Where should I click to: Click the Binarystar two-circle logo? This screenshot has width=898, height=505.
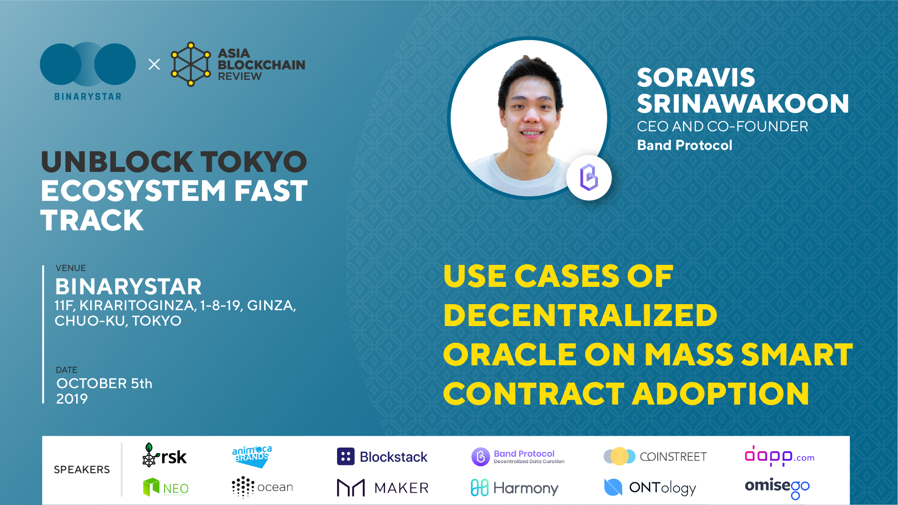click(88, 64)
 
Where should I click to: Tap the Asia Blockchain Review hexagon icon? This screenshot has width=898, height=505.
click(191, 64)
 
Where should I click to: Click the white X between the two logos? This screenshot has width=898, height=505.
click(154, 64)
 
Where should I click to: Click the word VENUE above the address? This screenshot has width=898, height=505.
click(71, 268)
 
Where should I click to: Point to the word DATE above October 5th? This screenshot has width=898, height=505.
click(66, 370)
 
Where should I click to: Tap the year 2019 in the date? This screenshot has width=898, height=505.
click(72, 399)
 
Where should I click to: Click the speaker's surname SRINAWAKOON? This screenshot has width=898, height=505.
click(743, 104)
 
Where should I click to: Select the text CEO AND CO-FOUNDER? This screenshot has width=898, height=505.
click(723, 127)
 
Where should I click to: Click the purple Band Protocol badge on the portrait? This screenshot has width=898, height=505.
click(589, 178)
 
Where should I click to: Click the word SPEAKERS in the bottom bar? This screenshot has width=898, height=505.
click(82, 469)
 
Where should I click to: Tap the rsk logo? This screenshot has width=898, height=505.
click(164, 455)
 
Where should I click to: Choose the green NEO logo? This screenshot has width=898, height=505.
click(166, 487)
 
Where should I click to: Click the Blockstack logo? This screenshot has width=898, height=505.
click(382, 456)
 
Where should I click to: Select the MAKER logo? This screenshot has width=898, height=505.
click(382, 488)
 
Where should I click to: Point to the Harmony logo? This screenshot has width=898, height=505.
click(515, 488)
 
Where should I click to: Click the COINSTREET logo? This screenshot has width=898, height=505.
click(655, 456)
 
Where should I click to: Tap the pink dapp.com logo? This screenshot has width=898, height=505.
click(780, 456)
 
